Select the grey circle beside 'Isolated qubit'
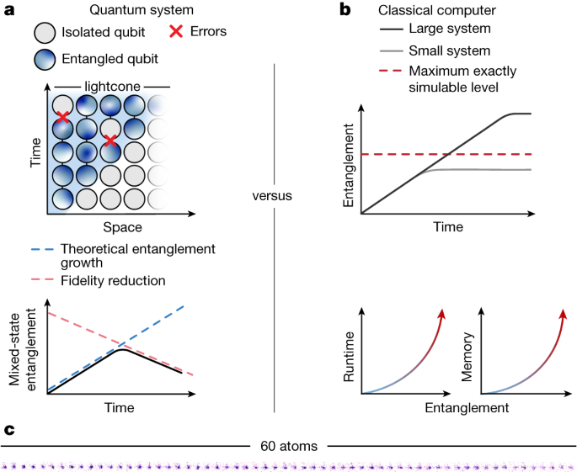click(45, 33)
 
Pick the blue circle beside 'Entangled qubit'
click(45, 59)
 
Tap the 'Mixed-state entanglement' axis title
click(24, 347)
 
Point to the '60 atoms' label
click(288, 446)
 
